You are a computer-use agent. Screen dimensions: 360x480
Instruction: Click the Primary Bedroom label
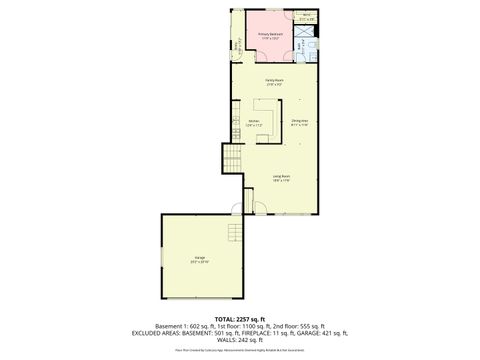271,35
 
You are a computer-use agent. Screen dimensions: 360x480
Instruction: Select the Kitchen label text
255,123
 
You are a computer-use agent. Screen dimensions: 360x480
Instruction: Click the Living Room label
281,178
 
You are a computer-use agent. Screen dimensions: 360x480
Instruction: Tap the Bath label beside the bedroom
299,44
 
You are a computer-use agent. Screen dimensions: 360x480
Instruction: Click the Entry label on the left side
238,46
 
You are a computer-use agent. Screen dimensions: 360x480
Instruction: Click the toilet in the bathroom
313,46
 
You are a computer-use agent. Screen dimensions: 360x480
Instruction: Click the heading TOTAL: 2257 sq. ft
239,317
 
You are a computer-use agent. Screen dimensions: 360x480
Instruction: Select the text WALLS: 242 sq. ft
239,341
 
